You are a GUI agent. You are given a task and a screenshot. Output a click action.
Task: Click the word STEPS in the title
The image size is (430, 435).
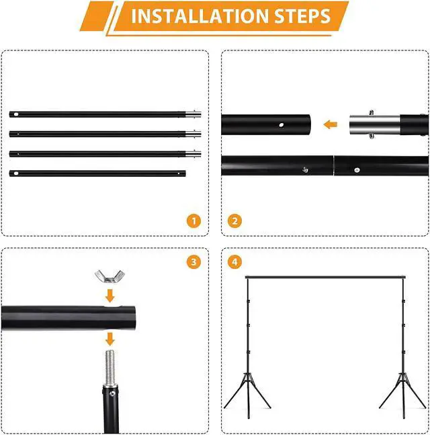click(303, 16)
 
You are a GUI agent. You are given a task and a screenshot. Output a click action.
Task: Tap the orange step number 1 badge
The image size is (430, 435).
click(193, 221)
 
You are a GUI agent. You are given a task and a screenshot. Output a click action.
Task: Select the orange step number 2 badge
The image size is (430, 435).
click(234, 221)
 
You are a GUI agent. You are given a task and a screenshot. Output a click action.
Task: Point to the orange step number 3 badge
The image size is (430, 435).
click(193, 262)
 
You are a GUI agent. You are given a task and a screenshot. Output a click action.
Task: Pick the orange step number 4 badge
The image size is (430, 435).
click(234, 262)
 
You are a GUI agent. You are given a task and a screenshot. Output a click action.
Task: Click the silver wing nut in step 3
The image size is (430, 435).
click(110, 276)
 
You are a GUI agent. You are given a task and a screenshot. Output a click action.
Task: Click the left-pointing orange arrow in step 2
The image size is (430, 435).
click(331, 124)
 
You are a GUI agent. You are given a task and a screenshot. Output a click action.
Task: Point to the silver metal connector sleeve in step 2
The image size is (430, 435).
click(374, 124)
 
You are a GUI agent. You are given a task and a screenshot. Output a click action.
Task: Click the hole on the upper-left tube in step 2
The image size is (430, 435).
click(282, 125)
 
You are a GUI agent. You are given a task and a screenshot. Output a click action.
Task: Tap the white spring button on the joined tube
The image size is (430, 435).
click(357, 170)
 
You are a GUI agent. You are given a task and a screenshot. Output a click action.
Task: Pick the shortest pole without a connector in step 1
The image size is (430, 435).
click(97, 173)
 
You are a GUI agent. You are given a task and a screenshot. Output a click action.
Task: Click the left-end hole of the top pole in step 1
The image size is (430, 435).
click(16, 114)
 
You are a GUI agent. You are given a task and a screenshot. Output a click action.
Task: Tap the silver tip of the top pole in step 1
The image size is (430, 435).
click(193, 114)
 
